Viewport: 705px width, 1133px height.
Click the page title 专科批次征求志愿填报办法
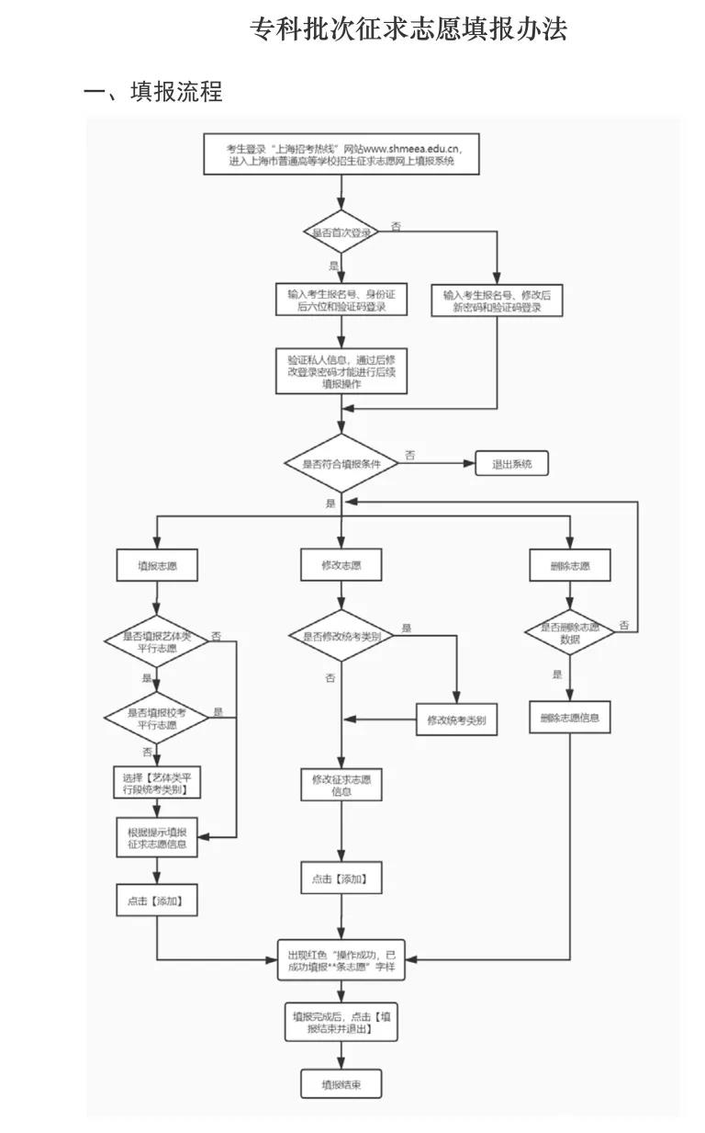point(408,29)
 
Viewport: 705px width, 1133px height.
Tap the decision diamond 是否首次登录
point(341,232)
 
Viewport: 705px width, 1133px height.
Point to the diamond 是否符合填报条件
point(341,464)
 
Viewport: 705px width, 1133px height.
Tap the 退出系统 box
point(511,464)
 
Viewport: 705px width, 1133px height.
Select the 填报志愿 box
point(156,565)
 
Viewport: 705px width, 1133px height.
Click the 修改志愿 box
point(341,565)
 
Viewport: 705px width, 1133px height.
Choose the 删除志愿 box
point(570,565)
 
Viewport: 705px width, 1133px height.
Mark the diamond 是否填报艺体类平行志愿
point(156,641)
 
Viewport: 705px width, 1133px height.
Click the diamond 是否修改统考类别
point(341,635)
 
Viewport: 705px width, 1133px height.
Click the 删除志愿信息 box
point(570,717)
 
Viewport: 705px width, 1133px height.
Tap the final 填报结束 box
point(341,1084)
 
